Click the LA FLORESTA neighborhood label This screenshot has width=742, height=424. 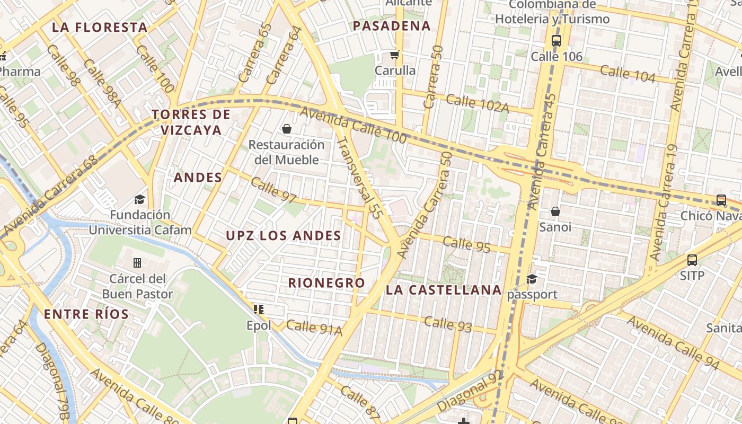click(100, 28)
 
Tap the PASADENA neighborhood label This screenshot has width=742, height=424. click(392, 26)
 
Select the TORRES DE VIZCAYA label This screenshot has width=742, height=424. click(191, 122)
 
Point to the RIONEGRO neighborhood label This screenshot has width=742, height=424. click(326, 283)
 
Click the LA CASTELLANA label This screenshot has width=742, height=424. click(444, 290)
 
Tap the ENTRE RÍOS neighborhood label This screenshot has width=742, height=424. click(86, 314)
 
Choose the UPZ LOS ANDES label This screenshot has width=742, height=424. click(284, 236)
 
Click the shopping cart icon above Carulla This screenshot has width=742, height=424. click(394, 55)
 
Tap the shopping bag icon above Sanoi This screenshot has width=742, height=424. click(555, 212)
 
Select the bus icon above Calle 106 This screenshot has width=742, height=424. click(556, 40)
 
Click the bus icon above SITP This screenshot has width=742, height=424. click(692, 260)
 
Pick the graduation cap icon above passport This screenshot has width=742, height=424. click(532, 279)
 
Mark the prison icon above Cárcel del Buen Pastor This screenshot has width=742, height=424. click(137, 263)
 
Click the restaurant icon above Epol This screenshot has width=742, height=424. click(259, 310)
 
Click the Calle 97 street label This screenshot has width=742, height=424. click(273, 190)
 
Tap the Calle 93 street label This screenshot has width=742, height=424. click(448, 324)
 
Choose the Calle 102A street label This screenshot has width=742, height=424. click(477, 103)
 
